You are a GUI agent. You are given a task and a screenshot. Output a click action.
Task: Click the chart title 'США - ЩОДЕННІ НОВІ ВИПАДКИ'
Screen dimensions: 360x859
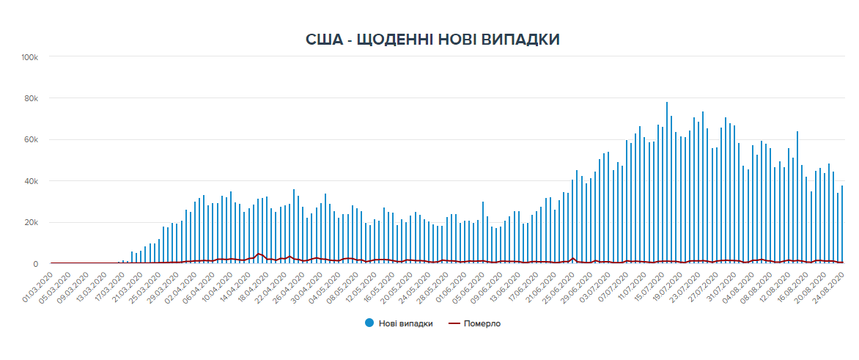(x=432, y=40)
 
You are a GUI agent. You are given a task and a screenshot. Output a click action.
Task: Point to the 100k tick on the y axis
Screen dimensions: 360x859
(x=35, y=57)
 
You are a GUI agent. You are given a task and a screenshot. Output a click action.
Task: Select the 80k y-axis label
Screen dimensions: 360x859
(x=37, y=98)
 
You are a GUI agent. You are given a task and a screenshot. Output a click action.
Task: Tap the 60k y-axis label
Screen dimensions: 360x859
(x=37, y=140)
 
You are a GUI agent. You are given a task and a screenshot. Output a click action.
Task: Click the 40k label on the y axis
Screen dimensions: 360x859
(x=37, y=181)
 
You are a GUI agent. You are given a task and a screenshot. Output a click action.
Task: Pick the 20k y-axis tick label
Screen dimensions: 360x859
(x=37, y=223)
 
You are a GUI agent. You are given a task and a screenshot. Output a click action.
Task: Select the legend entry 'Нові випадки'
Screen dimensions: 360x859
(x=405, y=323)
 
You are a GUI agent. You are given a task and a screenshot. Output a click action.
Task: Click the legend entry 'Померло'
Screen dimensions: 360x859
(x=481, y=323)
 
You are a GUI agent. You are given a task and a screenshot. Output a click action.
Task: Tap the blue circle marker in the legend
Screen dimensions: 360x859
(x=369, y=323)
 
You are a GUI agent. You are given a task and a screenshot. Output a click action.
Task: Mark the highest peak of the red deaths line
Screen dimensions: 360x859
(x=259, y=254)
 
